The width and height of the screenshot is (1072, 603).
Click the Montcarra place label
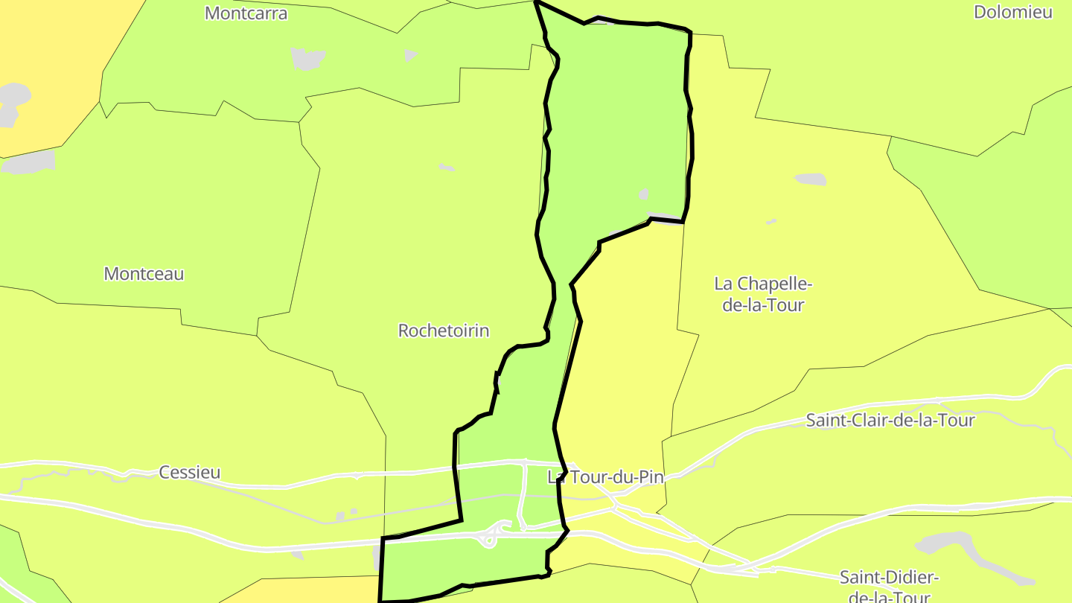coord(246,13)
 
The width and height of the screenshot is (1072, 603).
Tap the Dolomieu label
coord(1013,12)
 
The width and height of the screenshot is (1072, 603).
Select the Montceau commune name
coord(144,273)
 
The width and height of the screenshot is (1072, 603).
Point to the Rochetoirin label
coord(444,331)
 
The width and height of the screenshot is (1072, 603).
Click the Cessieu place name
coord(190,472)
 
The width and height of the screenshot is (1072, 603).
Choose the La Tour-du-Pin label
coord(605,477)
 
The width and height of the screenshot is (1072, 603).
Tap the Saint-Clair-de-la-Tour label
coord(890,420)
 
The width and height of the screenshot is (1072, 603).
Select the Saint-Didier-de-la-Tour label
coord(889,587)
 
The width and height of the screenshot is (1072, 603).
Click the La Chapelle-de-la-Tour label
coord(763,294)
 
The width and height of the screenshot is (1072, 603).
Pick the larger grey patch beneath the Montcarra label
coord(308,58)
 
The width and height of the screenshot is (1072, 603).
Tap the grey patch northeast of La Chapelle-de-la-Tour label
coord(811,179)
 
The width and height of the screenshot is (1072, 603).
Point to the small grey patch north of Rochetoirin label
coord(446,167)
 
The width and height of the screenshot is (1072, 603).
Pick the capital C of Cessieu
coord(165,472)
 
